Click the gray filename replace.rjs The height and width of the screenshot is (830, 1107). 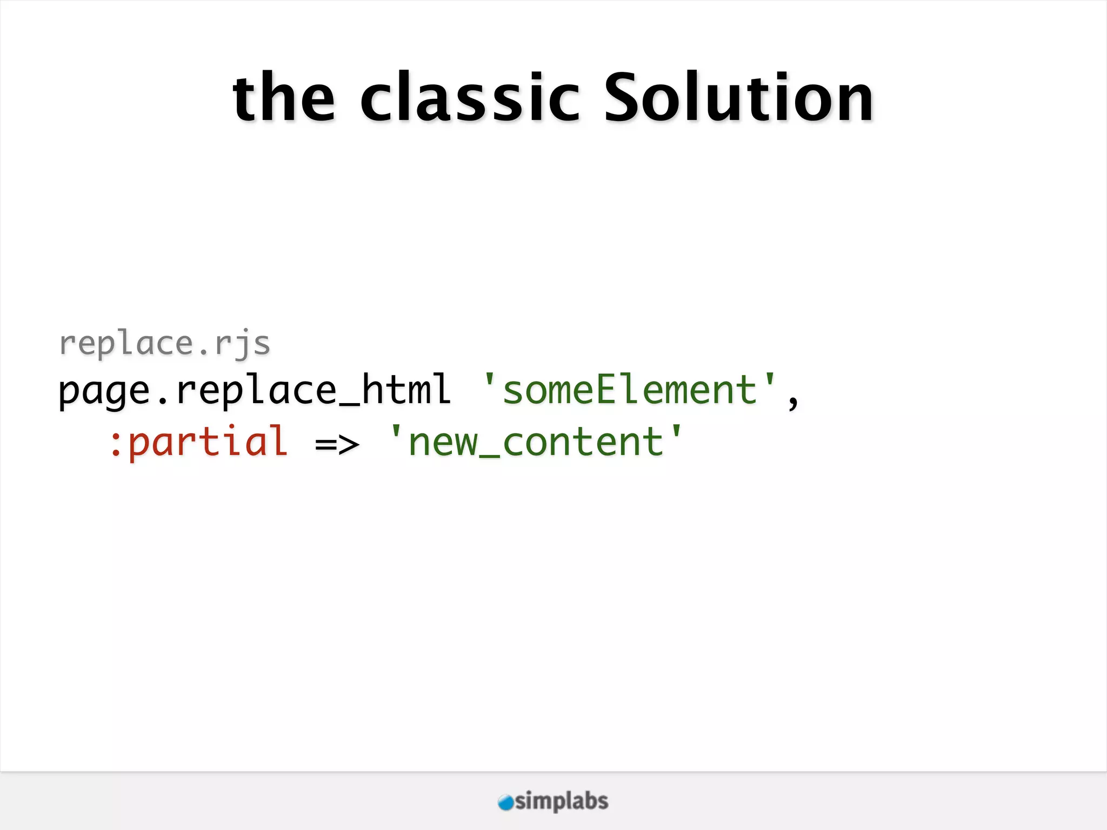click(x=164, y=344)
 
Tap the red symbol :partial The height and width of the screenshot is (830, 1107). click(x=198, y=442)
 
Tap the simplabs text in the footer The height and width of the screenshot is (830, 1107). click(x=562, y=801)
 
